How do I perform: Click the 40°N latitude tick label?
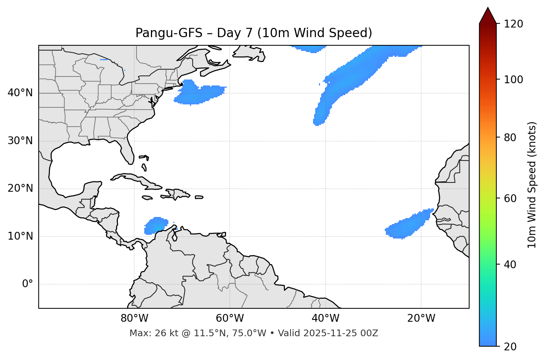point(20,93)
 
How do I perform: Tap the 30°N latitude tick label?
point(20,141)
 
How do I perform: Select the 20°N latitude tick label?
point(20,188)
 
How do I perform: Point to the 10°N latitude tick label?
point(20,236)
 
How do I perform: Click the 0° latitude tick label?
point(28,284)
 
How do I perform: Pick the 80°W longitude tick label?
point(134,318)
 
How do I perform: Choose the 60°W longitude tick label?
point(230,318)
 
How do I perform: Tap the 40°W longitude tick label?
point(325,318)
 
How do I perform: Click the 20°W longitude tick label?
point(421,318)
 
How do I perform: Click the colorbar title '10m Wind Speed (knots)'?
point(532,185)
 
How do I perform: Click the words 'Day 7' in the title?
point(234,33)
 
